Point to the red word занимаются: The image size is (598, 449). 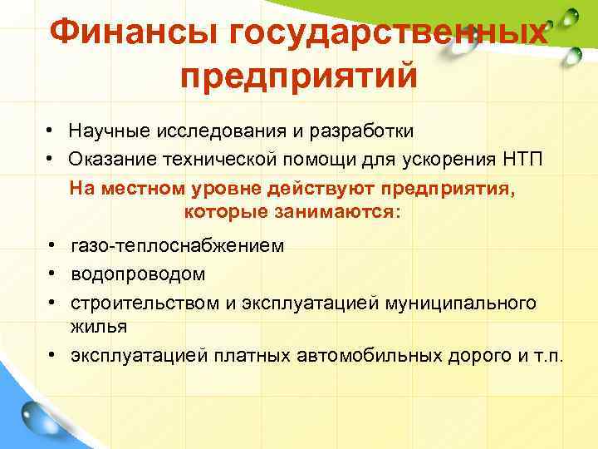tap(345, 212)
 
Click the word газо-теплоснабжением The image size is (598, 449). tap(178, 246)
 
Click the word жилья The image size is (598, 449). tap(99, 326)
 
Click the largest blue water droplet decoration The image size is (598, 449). tap(38, 417)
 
